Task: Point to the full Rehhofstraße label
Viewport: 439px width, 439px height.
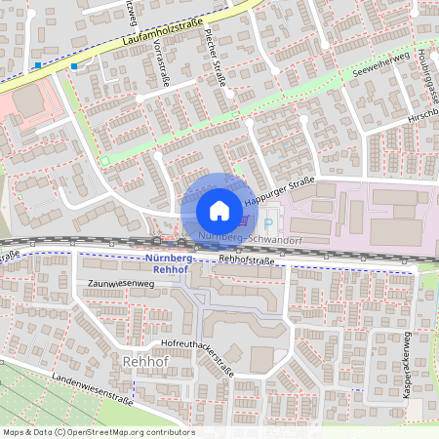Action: pos(244,260)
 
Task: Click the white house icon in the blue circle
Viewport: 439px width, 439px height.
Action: pos(219,210)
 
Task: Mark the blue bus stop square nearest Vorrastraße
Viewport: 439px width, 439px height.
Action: pos(74,66)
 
